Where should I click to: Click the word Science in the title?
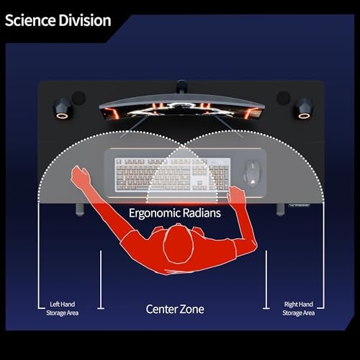coord(30,20)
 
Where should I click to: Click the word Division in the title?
coord(85,20)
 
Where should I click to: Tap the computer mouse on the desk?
coord(252,174)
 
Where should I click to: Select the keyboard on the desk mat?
coord(173,174)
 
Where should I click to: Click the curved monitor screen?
coord(182,109)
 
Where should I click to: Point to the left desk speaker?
coord(62,108)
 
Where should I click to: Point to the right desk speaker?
coord(304,109)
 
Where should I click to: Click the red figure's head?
coord(179,244)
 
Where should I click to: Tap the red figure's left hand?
coord(81,176)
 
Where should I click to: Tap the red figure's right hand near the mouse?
coord(236,195)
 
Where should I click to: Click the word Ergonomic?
coord(154,213)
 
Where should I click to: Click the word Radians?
coord(202,213)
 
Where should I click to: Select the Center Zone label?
coord(175,309)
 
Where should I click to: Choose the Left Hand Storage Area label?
coord(63,309)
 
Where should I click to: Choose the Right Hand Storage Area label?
coord(299,309)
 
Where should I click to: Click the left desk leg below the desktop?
coord(80,210)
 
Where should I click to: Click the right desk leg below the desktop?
coord(280,210)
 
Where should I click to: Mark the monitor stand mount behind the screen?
coord(181,86)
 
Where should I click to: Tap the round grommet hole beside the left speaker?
coord(78,98)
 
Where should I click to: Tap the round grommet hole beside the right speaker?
coord(284,98)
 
